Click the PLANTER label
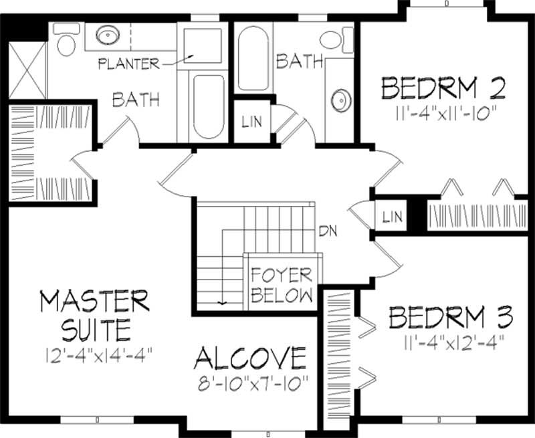point(128,64)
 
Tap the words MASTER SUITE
point(94,314)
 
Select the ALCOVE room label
point(250,358)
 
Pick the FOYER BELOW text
point(282,286)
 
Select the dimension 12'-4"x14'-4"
point(92,354)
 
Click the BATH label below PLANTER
point(136,101)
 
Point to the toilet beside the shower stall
point(66,41)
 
